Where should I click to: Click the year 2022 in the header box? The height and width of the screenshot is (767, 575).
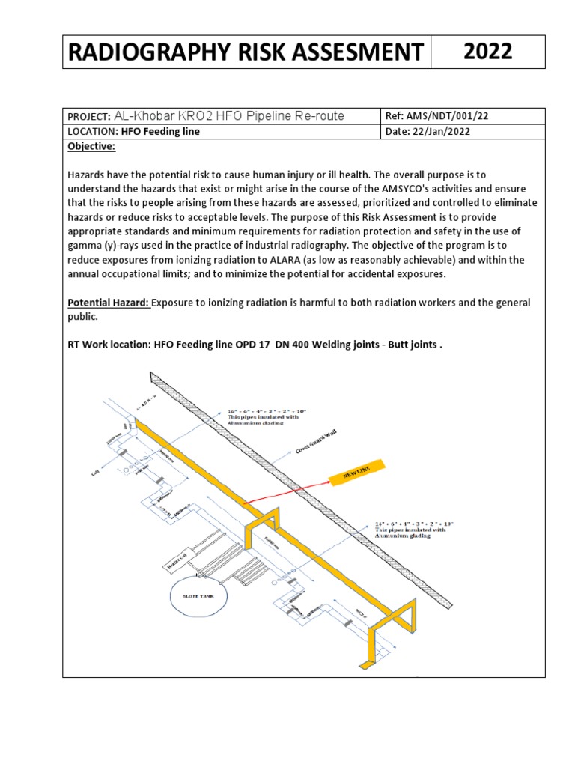[487, 52]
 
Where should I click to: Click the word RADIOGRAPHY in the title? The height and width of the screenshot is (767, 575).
[140, 52]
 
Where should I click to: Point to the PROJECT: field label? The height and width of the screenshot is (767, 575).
[88, 116]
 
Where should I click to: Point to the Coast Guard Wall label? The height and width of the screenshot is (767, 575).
[314, 443]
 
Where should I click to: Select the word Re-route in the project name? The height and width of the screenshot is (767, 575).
[323, 115]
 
